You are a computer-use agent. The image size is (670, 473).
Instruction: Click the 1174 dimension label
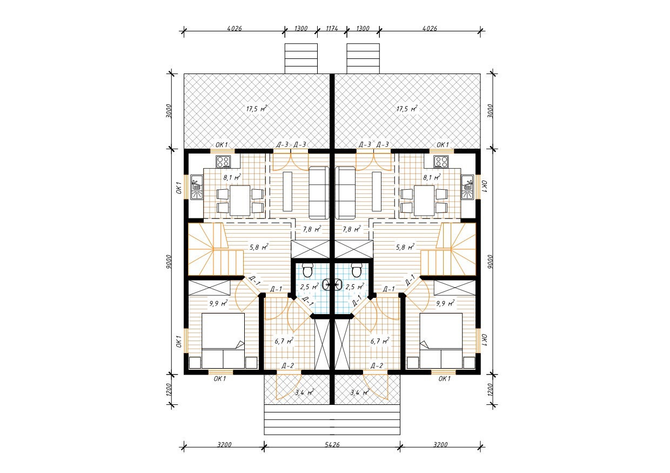(332, 29)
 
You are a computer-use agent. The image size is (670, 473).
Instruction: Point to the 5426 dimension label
(332, 444)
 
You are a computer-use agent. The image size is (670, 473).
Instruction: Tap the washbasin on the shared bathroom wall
(332, 284)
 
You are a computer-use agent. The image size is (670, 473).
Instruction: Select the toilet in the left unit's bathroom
(307, 270)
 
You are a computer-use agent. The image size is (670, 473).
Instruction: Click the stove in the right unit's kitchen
(441, 162)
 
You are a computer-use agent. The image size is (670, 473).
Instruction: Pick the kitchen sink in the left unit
(197, 187)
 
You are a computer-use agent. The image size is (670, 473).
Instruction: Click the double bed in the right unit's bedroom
(441, 341)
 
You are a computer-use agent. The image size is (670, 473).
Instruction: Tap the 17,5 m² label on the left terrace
(256, 109)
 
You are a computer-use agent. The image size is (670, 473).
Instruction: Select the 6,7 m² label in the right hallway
(380, 341)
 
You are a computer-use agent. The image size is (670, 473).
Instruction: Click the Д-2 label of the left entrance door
(288, 365)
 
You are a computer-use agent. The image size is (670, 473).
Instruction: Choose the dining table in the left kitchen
(240, 201)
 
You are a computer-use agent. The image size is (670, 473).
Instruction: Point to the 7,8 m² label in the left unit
(312, 229)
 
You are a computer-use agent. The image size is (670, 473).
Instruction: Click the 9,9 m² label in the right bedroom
(445, 304)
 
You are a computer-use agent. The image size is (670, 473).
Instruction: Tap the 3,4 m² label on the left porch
(304, 392)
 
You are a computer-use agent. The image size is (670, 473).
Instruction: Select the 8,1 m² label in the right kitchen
(432, 178)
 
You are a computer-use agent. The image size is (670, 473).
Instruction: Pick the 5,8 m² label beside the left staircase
(259, 248)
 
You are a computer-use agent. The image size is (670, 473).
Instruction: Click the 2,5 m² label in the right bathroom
(355, 287)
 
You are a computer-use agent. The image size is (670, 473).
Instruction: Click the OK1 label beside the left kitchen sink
(179, 187)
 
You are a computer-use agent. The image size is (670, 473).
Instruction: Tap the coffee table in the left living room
(287, 191)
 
